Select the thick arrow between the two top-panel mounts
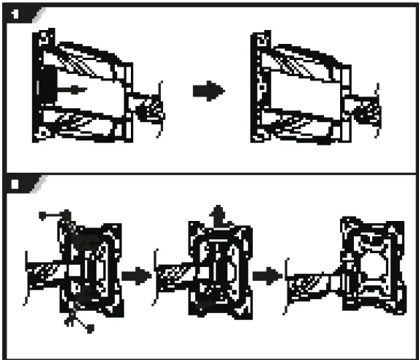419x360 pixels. coord(207,91)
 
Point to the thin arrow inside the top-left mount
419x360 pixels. coord(72,89)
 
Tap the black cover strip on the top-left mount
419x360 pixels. coord(41,83)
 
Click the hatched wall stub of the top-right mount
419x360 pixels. coord(365,110)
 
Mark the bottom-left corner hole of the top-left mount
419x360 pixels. coord(43,132)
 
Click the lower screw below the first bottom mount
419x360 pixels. coord(88,329)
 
